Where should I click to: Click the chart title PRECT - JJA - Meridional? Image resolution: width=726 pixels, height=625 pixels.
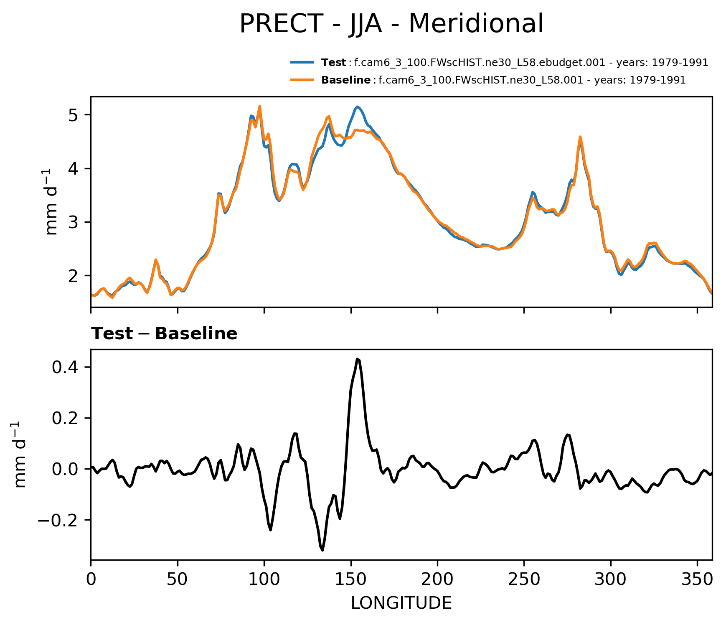coord(391,24)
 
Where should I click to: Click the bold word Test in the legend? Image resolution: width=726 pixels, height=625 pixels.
coord(333,63)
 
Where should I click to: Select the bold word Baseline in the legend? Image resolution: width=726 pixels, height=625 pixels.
coord(345,80)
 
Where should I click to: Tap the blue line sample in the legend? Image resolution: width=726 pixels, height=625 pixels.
coord(302,63)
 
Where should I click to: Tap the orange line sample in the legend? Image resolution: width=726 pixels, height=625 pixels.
coord(302,80)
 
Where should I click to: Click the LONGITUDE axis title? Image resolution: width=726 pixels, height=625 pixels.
coord(401,603)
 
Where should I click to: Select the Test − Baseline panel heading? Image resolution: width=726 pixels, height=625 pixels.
coord(164,334)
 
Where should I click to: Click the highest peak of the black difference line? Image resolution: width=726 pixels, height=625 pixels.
coord(358,359)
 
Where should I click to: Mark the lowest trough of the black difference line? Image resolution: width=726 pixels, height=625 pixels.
coord(322,550)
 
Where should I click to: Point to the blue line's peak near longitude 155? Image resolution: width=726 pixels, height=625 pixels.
coord(358,107)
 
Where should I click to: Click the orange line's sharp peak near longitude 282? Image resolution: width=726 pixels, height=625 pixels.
coord(580,137)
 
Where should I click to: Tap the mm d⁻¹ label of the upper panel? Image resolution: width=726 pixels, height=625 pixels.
coord(52,202)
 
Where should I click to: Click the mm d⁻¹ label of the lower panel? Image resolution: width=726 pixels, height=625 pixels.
coord(20,455)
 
